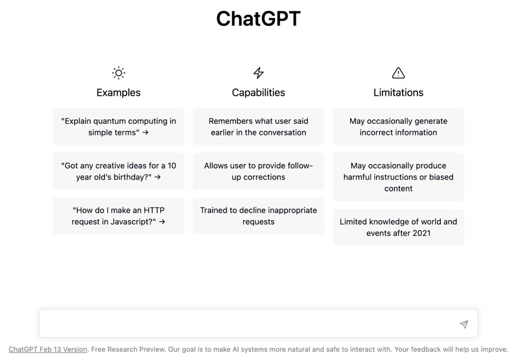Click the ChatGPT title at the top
point(259,18)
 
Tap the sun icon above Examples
point(119,73)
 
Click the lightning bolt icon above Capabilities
point(259,73)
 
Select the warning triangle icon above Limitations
point(398,73)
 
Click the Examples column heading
point(119,92)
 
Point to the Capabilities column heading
point(259,92)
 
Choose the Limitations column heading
point(398,92)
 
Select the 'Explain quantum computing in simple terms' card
point(119,127)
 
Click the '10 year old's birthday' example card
point(119,171)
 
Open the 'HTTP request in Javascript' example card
point(119,216)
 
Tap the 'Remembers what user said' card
point(259,127)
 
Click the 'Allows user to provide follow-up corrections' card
point(259,171)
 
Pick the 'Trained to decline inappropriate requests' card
point(259,216)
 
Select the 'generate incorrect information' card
point(398,127)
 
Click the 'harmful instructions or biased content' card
point(398,177)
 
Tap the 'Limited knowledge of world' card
point(398,228)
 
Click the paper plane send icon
point(464,324)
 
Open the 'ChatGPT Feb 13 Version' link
point(48,350)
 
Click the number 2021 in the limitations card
point(421,233)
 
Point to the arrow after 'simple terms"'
point(146,132)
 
